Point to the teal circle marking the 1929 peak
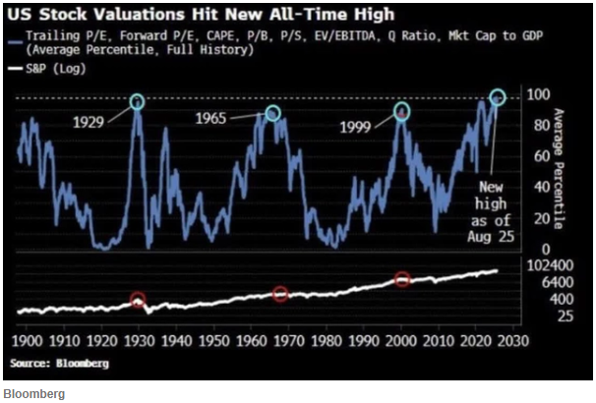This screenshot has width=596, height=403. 137,100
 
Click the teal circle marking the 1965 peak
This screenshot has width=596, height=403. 272,113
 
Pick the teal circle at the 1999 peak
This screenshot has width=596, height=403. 402,112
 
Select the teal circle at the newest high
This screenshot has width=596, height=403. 497,96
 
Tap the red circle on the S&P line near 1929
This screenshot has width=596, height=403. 138,302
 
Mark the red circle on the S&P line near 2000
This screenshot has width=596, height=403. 401,279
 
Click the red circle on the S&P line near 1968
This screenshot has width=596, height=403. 280,294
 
